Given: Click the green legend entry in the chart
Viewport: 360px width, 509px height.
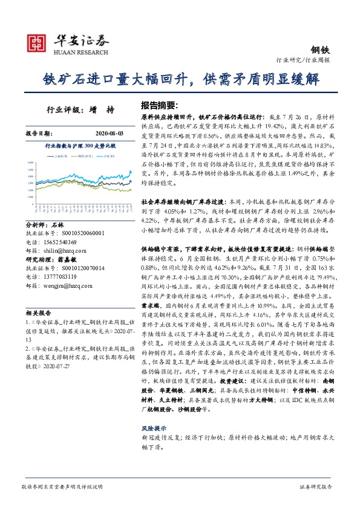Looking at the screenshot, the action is click(82, 156).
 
